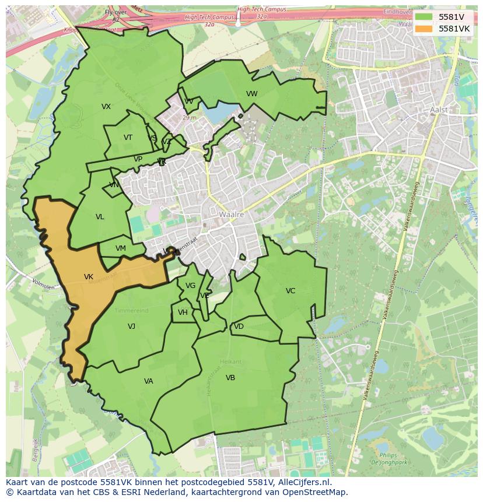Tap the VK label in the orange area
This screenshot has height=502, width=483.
[89, 277]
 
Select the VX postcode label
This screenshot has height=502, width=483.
[106, 107]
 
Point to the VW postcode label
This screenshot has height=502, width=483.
[251, 94]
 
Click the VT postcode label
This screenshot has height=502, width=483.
[128, 138]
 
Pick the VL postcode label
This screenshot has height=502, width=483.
[100, 217]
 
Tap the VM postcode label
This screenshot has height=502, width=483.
[120, 248]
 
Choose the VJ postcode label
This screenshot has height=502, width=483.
[131, 327]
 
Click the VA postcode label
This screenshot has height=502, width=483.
[148, 381]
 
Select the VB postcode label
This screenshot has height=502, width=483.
[230, 378]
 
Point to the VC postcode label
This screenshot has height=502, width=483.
[290, 291]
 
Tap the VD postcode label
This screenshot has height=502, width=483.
[239, 327]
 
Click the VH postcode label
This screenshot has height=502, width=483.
[183, 313]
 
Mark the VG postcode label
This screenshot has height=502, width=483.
[190, 286]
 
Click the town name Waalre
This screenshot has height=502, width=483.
[231, 215]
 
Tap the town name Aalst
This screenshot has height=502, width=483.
[438, 110]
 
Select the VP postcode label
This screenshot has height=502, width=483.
[138, 159]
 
